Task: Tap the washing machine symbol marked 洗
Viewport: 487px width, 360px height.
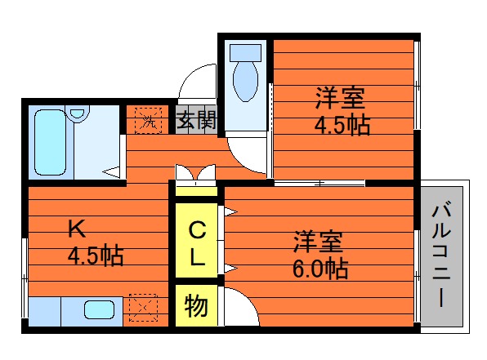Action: coord(148,121)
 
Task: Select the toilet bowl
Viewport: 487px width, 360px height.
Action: coord(245,81)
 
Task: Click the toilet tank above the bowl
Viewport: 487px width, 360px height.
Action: coord(245,52)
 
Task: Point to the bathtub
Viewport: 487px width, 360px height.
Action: coord(51,142)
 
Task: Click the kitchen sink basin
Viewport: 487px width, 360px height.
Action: coord(99,309)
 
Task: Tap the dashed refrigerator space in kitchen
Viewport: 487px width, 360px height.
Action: coord(143,308)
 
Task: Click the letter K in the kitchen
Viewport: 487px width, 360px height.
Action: coord(77,229)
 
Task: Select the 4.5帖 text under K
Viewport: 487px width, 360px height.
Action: coord(96,256)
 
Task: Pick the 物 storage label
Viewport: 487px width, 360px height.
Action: coord(196,305)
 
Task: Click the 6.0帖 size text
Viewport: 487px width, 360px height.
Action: coord(320,268)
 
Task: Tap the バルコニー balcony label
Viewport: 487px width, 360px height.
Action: coord(441,254)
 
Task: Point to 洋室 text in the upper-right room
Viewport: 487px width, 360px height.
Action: coord(340,98)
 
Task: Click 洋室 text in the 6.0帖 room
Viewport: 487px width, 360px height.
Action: coord(319,241)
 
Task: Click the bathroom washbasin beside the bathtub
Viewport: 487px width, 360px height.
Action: coord(77,113)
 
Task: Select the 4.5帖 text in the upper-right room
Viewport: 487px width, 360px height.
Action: coord(342,125)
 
